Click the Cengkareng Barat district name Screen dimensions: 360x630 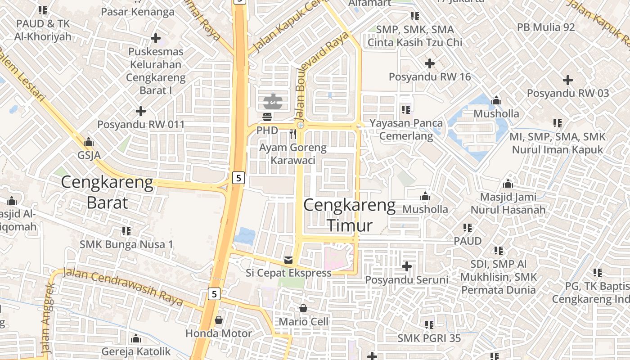(x=107, y=193)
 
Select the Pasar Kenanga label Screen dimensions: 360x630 (x=138, y=12)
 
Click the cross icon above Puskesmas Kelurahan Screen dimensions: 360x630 (x=156, y=38)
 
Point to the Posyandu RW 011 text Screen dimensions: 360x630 (x=141, y=125)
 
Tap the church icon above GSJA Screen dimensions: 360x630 (x=89, y=142)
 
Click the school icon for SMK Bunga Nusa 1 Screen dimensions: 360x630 (x=126, y=231)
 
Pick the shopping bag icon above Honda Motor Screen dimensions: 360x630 (x=219, y=320)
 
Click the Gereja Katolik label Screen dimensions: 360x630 (x=136, y=351)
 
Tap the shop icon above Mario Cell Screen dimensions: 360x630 (x=303, y=308)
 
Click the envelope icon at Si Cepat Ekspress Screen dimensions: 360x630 (x=288, y=260)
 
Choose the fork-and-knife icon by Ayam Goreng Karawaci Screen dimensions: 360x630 (x=293, y=134)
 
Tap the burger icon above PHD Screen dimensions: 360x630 (x=267, y=117)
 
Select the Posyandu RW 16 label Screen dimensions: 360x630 (x=430, y=77)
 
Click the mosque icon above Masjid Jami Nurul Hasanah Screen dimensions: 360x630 (x=508, y=184)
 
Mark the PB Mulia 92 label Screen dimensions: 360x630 (x=546, y=27)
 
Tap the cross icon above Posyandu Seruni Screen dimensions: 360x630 (x=407, y=266)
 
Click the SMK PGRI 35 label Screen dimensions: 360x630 (x=429, y=337)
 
